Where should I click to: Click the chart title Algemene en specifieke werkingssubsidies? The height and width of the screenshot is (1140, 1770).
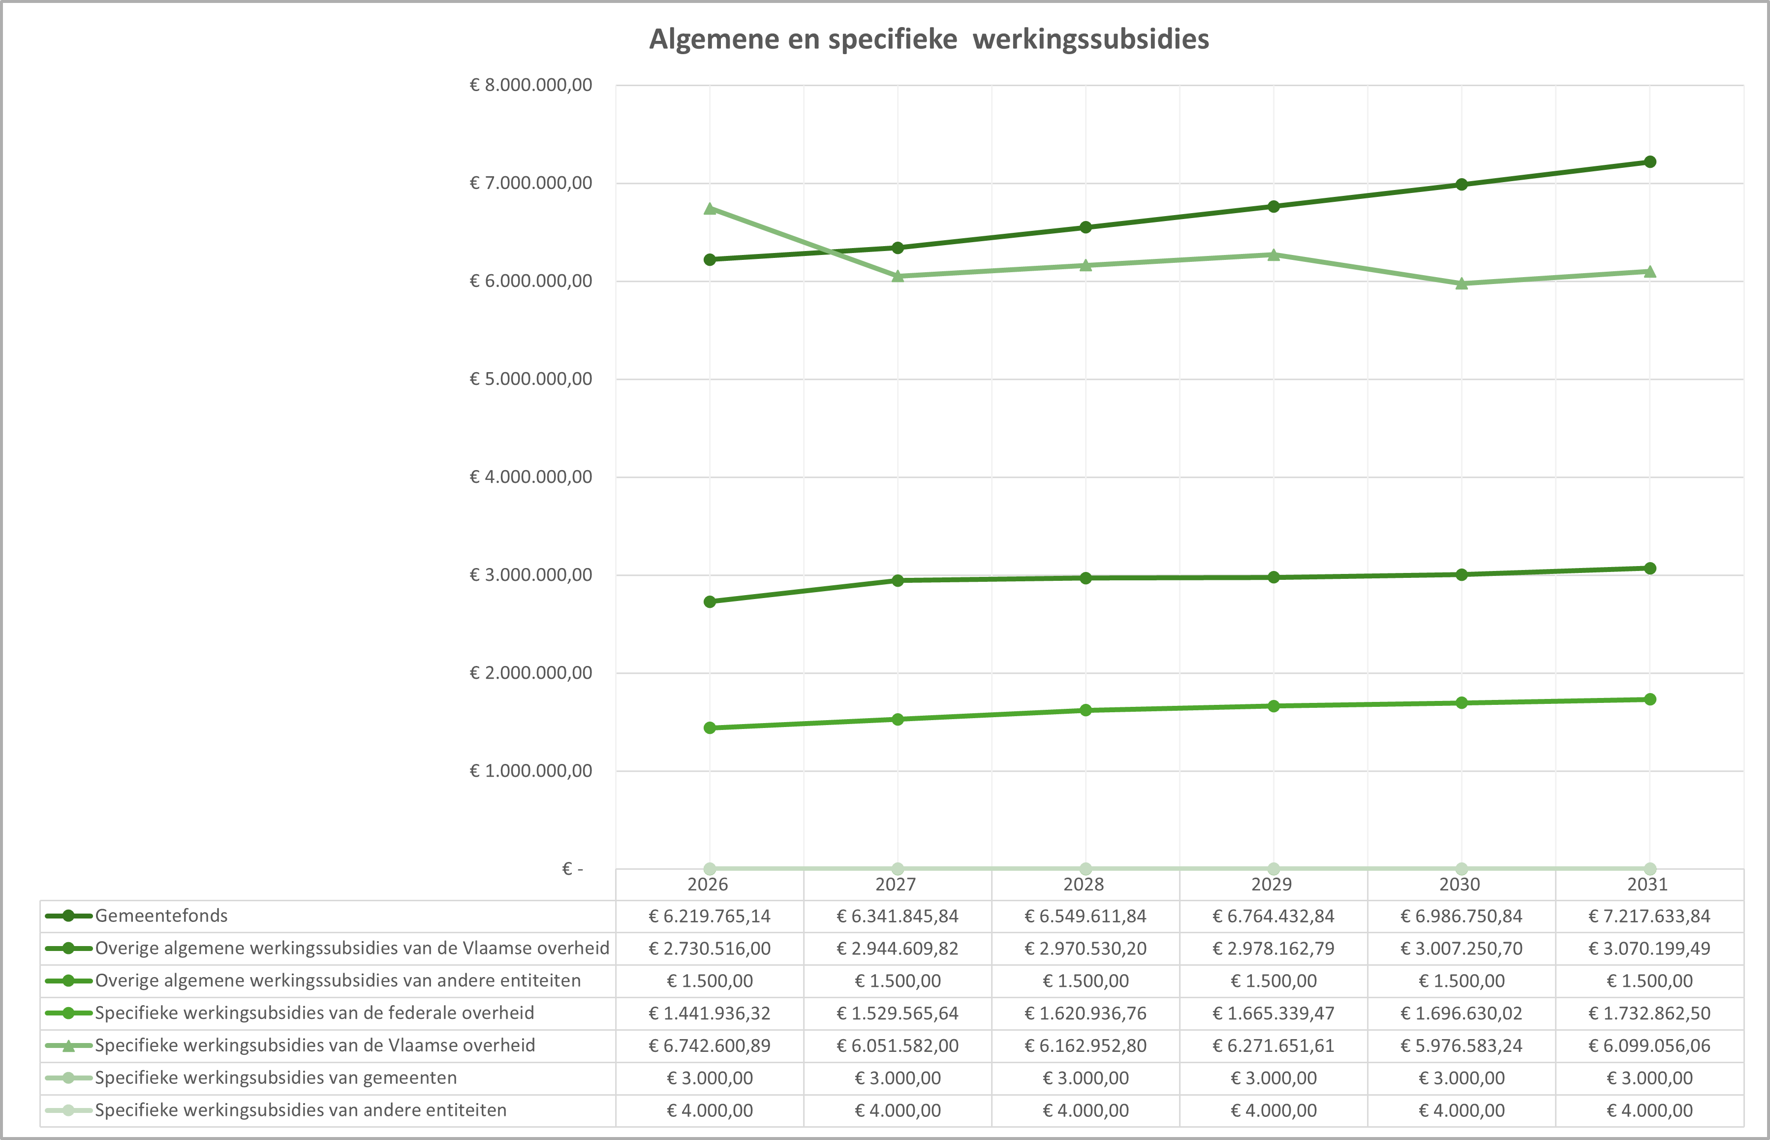tap(929, 39)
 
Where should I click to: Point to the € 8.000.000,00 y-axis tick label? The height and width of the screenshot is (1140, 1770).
tap(530, 85)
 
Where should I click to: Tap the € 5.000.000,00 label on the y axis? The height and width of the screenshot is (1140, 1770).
tap(530, 379)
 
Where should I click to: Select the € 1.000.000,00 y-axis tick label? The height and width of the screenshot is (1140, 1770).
tap(530, 771)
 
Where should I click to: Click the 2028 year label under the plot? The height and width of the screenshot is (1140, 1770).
tap(1084, 884)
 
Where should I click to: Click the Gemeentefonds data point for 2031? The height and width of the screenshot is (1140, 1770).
tap(1649, 162)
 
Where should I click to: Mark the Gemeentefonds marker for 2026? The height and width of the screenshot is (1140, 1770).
tap(710, 260)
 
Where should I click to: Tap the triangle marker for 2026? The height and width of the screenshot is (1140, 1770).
tap(710, 209)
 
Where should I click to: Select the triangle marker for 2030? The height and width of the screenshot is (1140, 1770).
tap(1461, 284)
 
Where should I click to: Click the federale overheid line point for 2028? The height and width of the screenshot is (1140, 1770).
tap(1086, 711)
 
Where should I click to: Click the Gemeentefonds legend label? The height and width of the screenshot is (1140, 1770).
tap(161, 916)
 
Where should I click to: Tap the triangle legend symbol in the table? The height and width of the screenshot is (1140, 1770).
tap(68, 1046)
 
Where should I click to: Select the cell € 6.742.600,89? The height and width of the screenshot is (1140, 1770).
tap(710, 1046)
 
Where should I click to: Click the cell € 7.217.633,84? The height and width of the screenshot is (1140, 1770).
tap(1649, 917)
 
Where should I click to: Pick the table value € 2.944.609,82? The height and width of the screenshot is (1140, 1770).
tap(898, 948)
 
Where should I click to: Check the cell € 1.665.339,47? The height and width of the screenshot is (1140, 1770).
tap(1273, 1013)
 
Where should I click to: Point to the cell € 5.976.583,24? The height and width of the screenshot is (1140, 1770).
tap(1461, 1046)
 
